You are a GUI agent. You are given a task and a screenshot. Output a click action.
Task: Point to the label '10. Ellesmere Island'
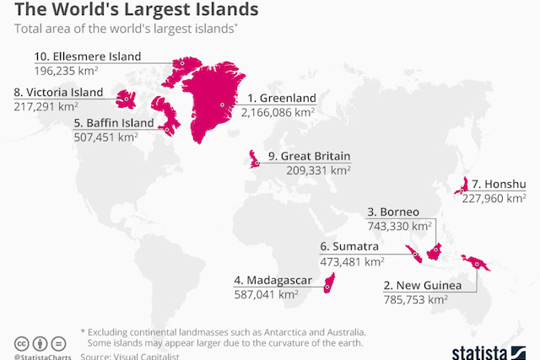click(88, 56)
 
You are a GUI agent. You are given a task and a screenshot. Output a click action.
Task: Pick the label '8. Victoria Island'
click(58, 92)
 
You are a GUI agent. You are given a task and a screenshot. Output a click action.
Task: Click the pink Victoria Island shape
click(127, 99)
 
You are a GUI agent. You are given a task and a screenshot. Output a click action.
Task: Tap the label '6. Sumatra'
click(348, 246)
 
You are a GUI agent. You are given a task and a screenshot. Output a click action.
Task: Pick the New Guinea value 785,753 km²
click(415, 298)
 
